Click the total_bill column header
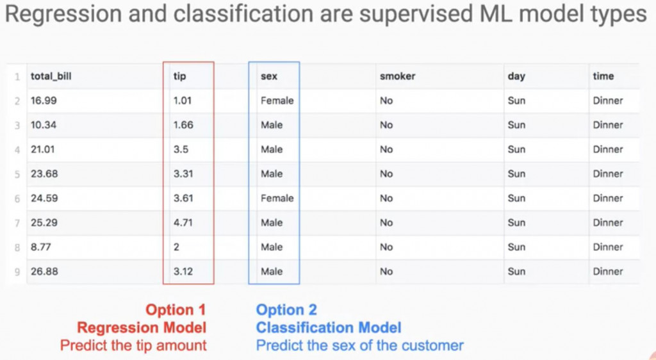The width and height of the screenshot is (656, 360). [x=51, y=76]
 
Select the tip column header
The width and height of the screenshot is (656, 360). [x=179, y=76]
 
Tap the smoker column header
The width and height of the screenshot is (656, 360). [x=397, y=76]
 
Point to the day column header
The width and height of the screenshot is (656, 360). [x=516, y=76]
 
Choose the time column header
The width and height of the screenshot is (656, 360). [x=603, y=76]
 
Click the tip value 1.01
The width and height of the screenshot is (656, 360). [x=183, y=101]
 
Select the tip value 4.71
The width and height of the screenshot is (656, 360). [x=183, y=222]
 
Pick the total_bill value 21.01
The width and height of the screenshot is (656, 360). [x=43, y=149]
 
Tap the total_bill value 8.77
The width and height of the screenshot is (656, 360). [x=40, y=247]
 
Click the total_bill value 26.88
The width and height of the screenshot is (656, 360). [x=44, y=272]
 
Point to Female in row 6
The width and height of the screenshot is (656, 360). [x=277, y=198]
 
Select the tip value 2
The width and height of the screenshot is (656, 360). [x=177, y=247]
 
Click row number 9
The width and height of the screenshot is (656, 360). [x=17, y=272]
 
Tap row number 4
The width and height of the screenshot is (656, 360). [x=17, y=150]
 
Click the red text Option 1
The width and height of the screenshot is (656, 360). [x=176, y=310]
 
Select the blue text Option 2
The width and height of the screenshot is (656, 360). [x=286, y=310]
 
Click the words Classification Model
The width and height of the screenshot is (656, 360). [x=329, y=327]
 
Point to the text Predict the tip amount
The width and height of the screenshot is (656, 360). [x=133, y=345]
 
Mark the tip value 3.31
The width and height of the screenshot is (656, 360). [x=183, y=174]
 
